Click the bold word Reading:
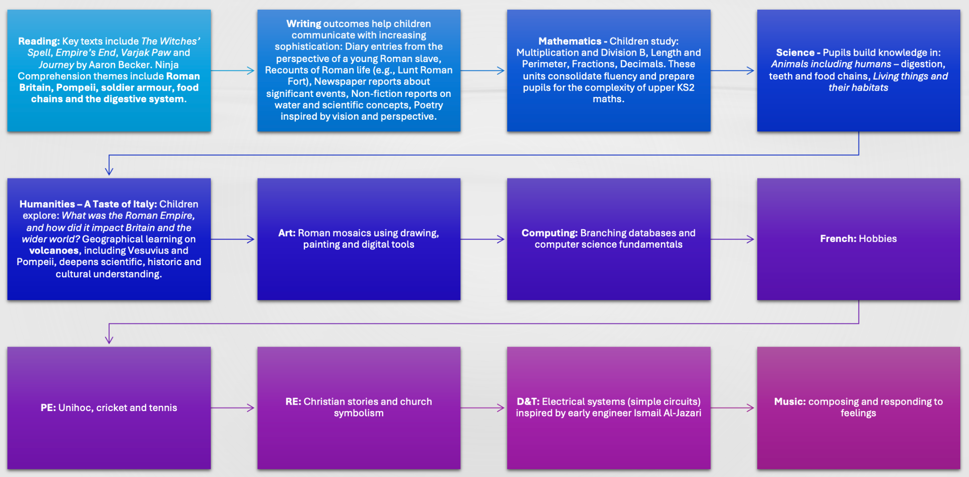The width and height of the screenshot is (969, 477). click(x=39, y=42)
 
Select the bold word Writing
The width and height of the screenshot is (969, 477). click(x=304, y=24)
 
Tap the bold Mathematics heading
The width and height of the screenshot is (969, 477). click(x=570, y=41)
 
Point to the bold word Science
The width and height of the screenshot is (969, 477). click(x=795, y=52)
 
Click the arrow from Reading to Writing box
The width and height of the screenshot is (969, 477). click(x=233, y=71)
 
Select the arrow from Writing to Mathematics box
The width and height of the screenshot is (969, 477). click(x=483, y=71)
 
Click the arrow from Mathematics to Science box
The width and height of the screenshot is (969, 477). click(x=733, y=71)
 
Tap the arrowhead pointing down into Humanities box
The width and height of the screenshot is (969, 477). click(x=109, y=171)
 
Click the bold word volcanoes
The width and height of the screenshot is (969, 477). click(x=54, y=251)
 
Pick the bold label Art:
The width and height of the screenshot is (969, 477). click(x=287, y=233)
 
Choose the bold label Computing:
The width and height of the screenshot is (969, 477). click(x=549, y=233)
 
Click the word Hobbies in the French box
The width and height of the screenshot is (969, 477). click(x=877, y=238)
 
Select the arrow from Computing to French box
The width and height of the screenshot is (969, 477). click(x=733, y=239)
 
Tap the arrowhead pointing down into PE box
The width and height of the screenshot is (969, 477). click(x=109, y=339)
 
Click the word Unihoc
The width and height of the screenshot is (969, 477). click(x=76, y=408)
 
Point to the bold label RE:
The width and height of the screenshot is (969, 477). click(x=293, y=401)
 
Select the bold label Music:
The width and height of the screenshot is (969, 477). click(x=790, y=401)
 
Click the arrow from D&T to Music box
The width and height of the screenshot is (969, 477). click(x=733, y=408)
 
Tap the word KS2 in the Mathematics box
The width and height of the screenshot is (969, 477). click(x=686, y=88)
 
